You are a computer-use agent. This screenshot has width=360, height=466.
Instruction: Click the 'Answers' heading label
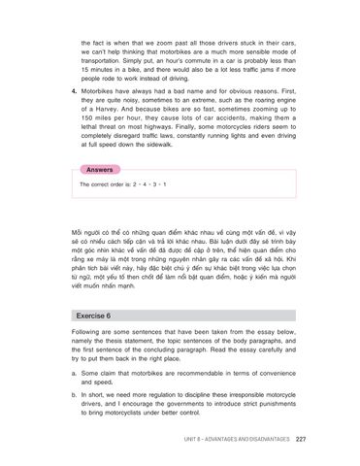[x=100, y=168]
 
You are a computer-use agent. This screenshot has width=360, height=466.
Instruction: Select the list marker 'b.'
[x=75, y=396]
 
